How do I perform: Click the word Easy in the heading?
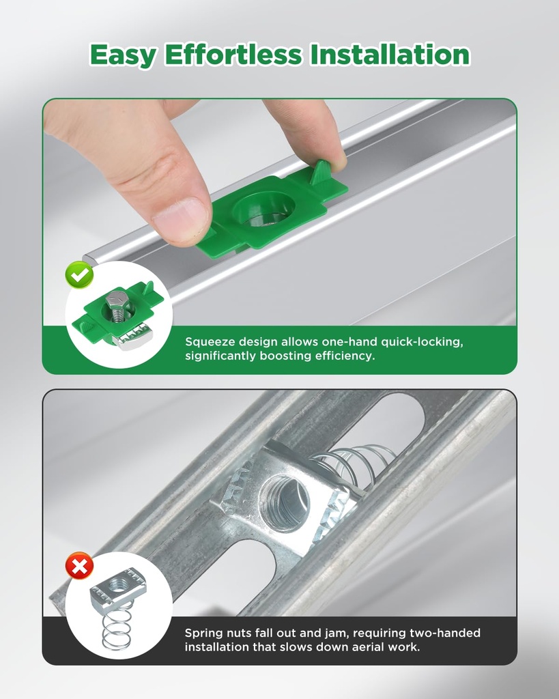[x=123, y=55]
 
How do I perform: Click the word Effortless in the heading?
[x=233, y=55]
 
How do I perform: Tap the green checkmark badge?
[x=79, y=275]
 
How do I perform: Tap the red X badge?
[x=79, y=566]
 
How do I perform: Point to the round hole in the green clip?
[x=264, y=209]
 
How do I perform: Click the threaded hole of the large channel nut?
[x=285, y=496]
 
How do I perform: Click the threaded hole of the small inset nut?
[x=119, y=583]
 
